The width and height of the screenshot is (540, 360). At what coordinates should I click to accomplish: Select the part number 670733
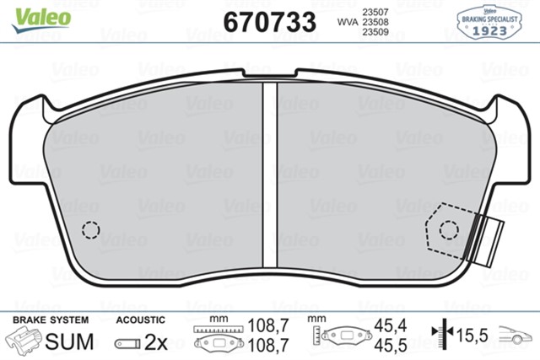point(269,20)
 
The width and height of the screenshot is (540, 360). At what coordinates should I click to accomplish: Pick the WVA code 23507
point(375,11)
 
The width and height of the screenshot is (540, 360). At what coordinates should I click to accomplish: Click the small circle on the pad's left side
point(90,228)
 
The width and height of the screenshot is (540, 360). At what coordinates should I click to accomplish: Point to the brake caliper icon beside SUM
point(24,341)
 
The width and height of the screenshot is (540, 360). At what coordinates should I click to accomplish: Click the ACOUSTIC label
point(140,321)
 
